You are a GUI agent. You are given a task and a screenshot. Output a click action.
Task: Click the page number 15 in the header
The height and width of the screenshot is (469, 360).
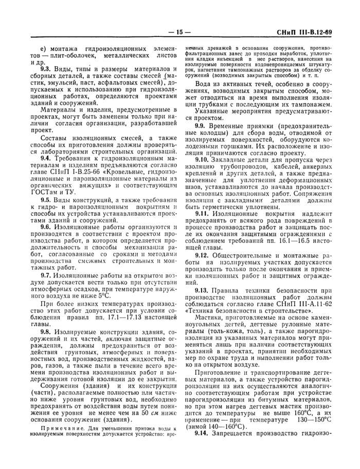(x=179, y=32)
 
